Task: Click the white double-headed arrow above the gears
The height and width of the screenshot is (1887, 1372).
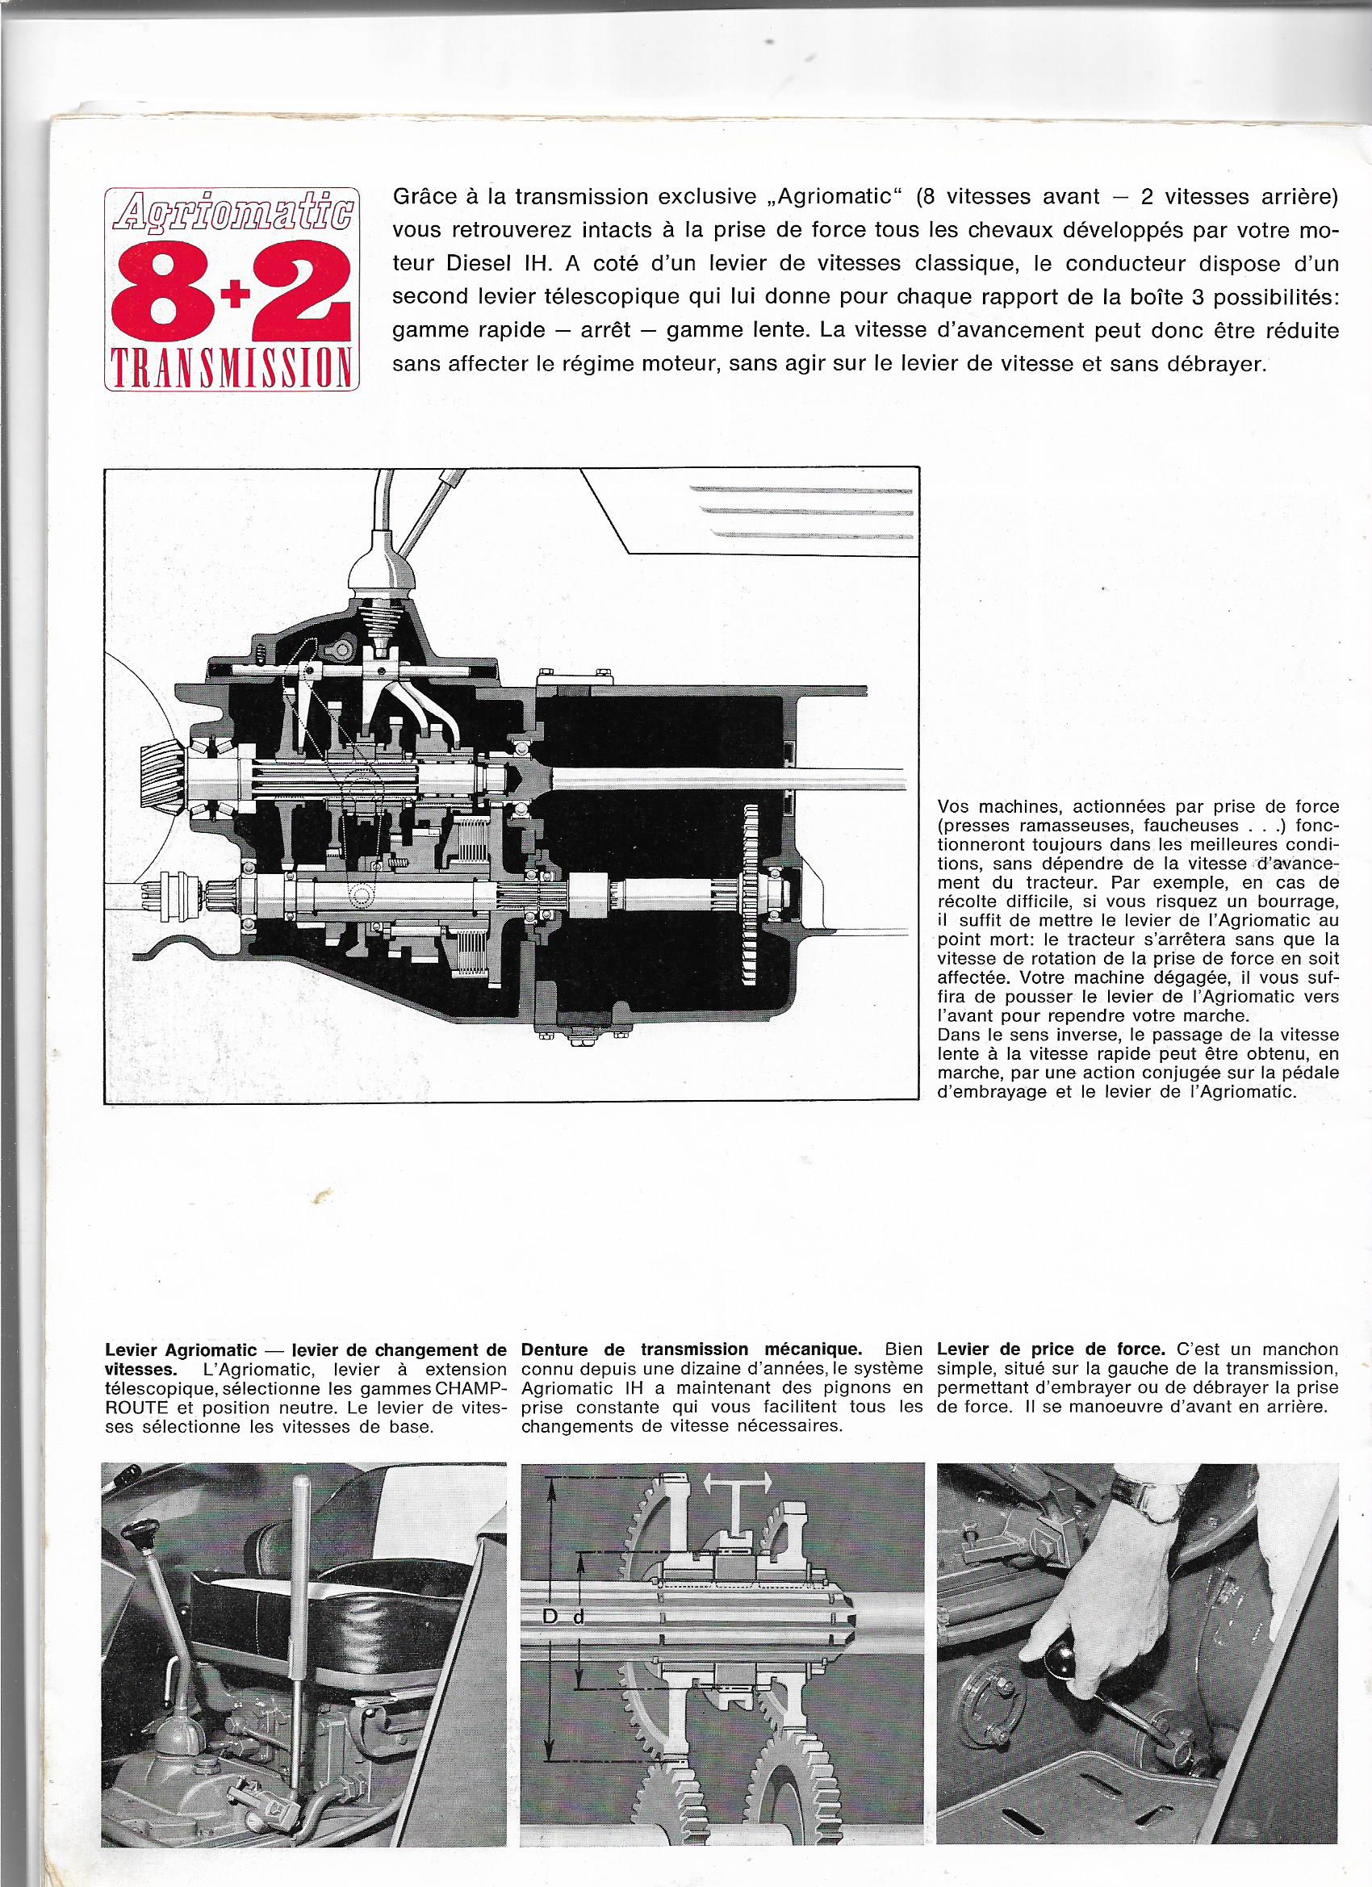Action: tap(737, 1505)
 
